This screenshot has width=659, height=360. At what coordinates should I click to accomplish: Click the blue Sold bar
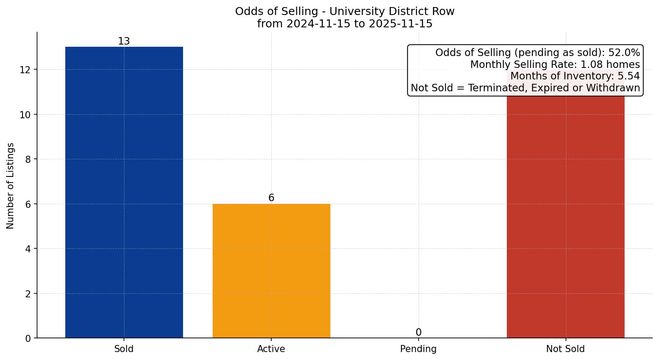124,192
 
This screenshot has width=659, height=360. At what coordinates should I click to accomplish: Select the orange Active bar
271,271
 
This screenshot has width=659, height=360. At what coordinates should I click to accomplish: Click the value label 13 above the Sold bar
124,41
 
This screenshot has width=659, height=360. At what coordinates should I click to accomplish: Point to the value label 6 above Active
271,198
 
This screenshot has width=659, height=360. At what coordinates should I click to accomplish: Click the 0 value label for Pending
418,333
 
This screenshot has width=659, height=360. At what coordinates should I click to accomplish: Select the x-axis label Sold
124,349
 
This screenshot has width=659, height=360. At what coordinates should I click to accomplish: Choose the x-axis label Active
271,349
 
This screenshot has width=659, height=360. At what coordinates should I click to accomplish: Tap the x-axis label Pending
418,349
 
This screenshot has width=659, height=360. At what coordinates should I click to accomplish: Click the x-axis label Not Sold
565,349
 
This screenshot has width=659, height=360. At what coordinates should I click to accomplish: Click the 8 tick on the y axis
28,159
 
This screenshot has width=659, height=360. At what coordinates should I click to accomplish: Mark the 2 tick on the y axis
28,294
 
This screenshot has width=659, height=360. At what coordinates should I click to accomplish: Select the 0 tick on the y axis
28,338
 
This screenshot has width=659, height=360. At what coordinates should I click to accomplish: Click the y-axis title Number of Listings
11,185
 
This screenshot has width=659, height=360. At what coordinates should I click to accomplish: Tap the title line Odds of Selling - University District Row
344,11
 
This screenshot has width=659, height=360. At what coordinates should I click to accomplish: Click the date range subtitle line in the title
344,24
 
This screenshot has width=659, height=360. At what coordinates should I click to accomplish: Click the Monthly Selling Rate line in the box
554,64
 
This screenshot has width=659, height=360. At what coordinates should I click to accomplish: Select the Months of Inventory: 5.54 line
575,76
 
